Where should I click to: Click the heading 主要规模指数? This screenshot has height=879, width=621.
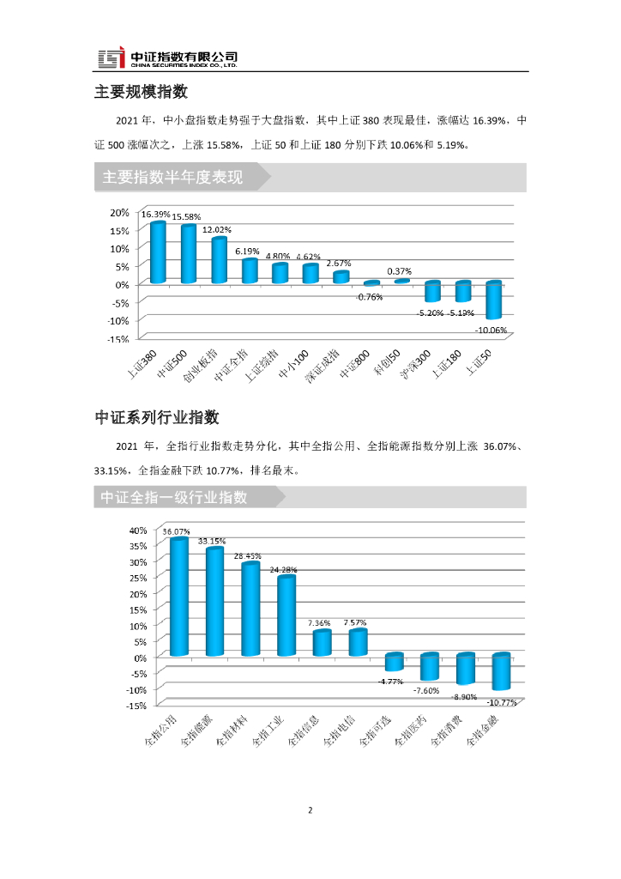(x=141, y=92)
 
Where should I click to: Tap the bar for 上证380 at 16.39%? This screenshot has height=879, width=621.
(x=158, y=252)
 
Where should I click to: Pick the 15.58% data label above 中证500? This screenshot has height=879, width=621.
(x=186, y=217)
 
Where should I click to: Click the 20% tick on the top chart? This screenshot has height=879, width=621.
(x=119, y=212)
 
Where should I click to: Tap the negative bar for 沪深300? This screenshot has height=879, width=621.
(x=432, y=291)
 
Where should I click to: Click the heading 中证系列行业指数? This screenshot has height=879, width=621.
(x=157, y=417)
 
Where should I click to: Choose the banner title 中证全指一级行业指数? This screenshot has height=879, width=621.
(x=174, y=497)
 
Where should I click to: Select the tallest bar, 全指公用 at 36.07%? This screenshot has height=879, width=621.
(x=178, y=597)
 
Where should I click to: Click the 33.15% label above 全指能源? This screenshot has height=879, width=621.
(x=212, y=542)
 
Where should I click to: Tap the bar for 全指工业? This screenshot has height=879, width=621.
(x=286, y=615)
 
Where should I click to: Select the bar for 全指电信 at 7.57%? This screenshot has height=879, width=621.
(x=358, y=643)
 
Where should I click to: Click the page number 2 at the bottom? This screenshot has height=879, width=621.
(x=310, y=809)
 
